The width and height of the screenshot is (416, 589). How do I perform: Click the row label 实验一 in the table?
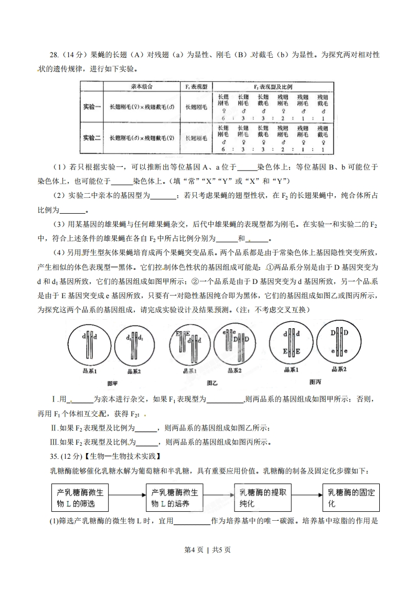point(92,107)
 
